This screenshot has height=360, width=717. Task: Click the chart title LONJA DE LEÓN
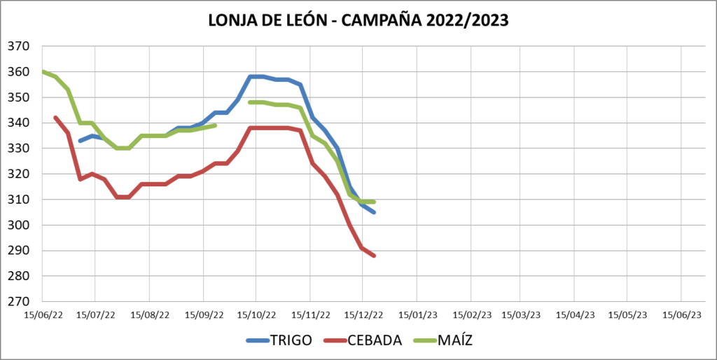(358, 20)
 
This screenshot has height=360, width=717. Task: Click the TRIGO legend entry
(291, 340)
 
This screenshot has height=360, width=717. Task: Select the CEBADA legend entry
(375, 340)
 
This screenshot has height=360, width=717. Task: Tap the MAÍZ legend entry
(457, 340)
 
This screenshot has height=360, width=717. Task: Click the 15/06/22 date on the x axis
(43, 314)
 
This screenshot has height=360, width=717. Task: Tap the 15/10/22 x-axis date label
(256, 314)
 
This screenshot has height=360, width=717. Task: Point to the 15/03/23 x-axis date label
(522, 314)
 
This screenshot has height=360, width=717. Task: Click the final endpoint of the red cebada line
(375, 256)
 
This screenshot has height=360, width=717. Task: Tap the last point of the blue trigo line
(375, 212)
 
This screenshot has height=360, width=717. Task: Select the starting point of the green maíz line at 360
(43, 71)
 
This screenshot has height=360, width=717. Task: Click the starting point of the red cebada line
(55, 117)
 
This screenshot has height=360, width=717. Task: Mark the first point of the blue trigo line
(80, 141)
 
